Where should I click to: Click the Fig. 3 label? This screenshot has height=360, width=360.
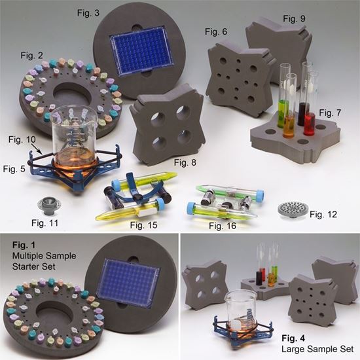point(88,13)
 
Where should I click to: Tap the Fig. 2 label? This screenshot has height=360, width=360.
point(31,56)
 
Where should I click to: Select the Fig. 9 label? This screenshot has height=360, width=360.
point(294,18)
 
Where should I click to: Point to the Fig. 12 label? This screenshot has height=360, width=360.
point(323,215)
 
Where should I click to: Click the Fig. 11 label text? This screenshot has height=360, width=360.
point(45,223)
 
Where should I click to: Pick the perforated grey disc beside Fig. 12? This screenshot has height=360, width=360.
point(292,210)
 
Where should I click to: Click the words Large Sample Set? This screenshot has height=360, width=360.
point(317,350)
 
